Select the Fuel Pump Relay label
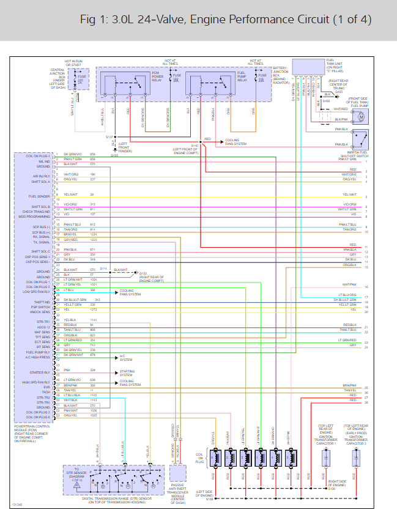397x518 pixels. (242, 77)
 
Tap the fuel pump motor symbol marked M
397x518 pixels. (362, 115)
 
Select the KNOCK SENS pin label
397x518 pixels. (42, 312)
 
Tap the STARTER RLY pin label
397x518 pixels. (42, 372)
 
